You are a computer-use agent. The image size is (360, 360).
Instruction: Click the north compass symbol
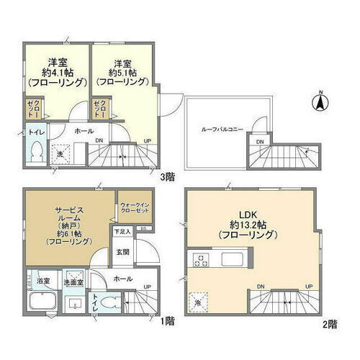click(x=317, y=102)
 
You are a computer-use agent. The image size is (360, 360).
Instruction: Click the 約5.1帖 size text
click(x=123, y=71)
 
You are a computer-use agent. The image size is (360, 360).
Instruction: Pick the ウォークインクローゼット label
click(x=135, y=209)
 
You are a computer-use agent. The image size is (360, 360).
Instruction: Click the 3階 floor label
click(x=167, y=174)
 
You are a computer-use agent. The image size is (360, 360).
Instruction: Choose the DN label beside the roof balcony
click(x=261, y=142)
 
